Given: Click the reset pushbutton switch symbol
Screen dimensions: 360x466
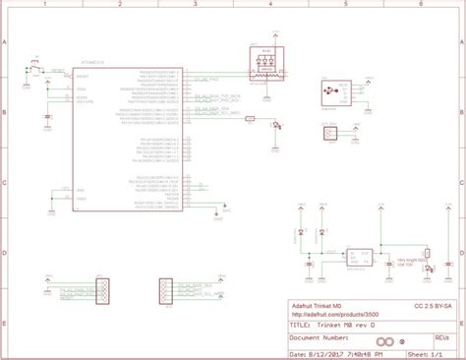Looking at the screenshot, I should point(35,66).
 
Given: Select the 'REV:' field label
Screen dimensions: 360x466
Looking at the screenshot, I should point(440,334).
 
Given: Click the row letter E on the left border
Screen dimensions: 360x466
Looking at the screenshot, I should point(5,322).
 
